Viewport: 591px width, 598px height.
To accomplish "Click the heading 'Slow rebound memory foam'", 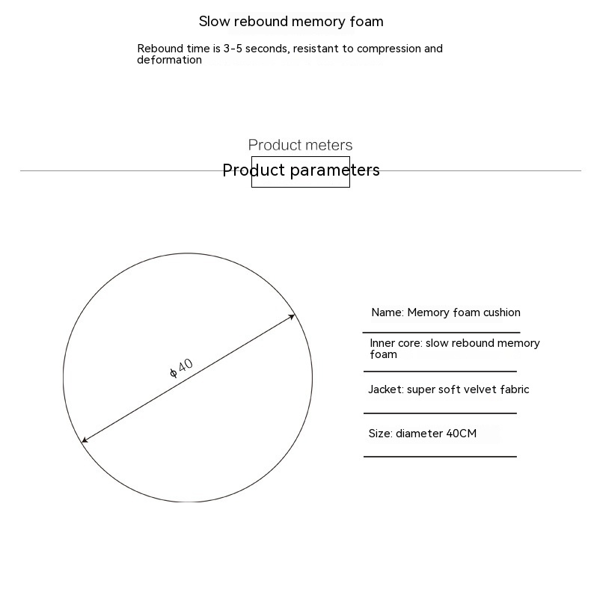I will (x=291, y=22).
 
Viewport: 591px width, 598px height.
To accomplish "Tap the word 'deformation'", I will (x=169, y=60).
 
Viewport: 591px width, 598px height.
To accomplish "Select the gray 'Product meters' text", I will (x=300, y=145).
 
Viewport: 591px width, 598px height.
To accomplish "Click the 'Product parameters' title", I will (x=301, y=170).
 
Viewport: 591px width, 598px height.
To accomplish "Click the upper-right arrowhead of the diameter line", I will (x=293, y=317).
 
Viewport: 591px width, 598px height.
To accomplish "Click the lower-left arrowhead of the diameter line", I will (x=85, y=440).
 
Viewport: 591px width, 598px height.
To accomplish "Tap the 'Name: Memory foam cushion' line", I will (x=445, y=312).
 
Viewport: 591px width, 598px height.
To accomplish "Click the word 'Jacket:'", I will (x=385, y=389).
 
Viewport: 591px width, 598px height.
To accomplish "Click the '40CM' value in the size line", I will (x=461, y=434).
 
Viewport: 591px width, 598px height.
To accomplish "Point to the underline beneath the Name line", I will (x=441, y=333).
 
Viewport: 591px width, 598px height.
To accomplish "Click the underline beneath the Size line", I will (x=440, y=456).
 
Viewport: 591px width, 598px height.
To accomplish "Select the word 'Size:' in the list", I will (x=380, y=434).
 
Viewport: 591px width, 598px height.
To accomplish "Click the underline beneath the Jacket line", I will (x=440, y=413).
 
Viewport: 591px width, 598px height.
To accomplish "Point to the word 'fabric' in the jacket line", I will (x=513, y=389).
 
